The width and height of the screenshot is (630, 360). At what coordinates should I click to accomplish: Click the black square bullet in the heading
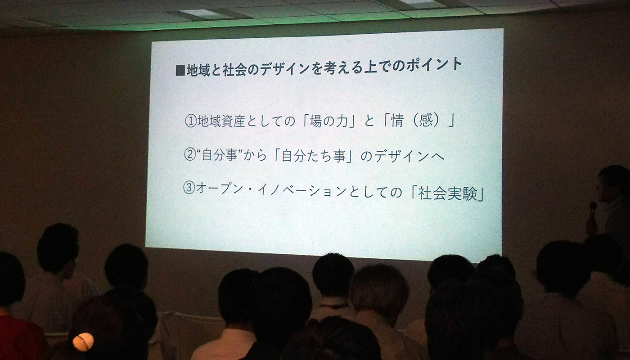pos(180,71)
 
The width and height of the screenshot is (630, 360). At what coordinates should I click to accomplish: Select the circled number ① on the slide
pos(190,121)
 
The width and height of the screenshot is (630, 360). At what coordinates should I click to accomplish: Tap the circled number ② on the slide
pos(189,155)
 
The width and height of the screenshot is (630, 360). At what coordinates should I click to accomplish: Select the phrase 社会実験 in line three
pos(448,194)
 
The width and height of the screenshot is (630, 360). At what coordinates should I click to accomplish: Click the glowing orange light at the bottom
pos(83,342)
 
